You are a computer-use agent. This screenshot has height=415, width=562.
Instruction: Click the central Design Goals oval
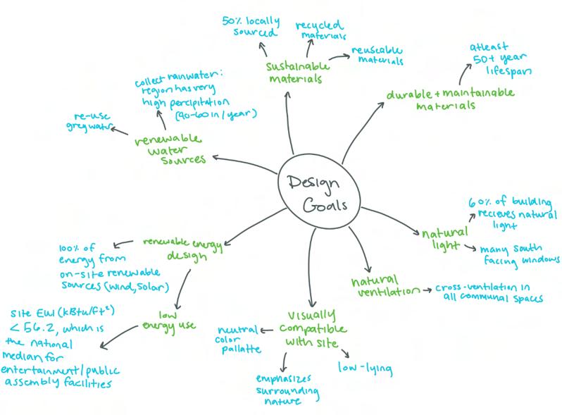(314, 192)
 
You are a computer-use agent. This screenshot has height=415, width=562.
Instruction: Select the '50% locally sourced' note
(250, 27)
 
